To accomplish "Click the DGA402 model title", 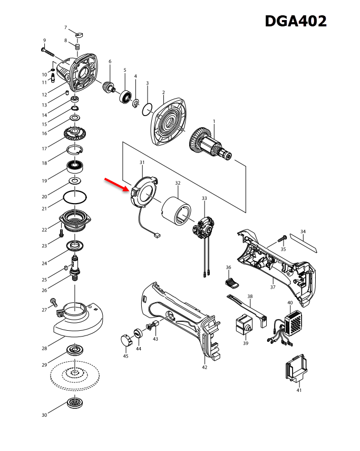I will coord(295,21).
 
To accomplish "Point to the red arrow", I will coord(116,184).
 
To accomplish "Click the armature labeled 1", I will coord(211,142).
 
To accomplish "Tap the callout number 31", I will coord(142,162).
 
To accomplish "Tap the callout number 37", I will coord(273,287).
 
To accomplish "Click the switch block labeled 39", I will coord(243,326).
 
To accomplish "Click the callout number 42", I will coord(205,367).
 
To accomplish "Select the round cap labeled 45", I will coord(125,340).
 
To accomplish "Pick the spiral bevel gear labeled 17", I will coord(75,131).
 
